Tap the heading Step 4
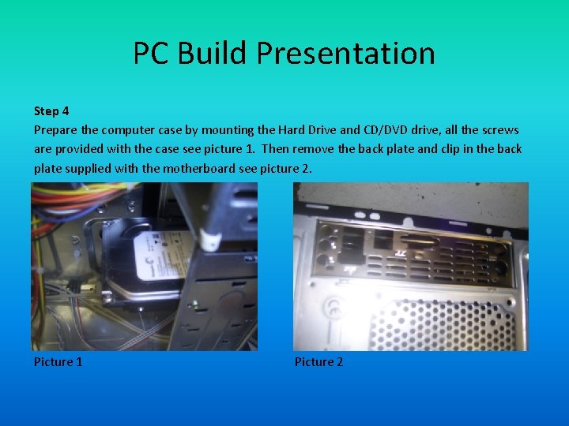(51, 110)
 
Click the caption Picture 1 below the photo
(58, 361)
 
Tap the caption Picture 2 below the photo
(319, 361)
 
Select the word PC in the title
(150, 54)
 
